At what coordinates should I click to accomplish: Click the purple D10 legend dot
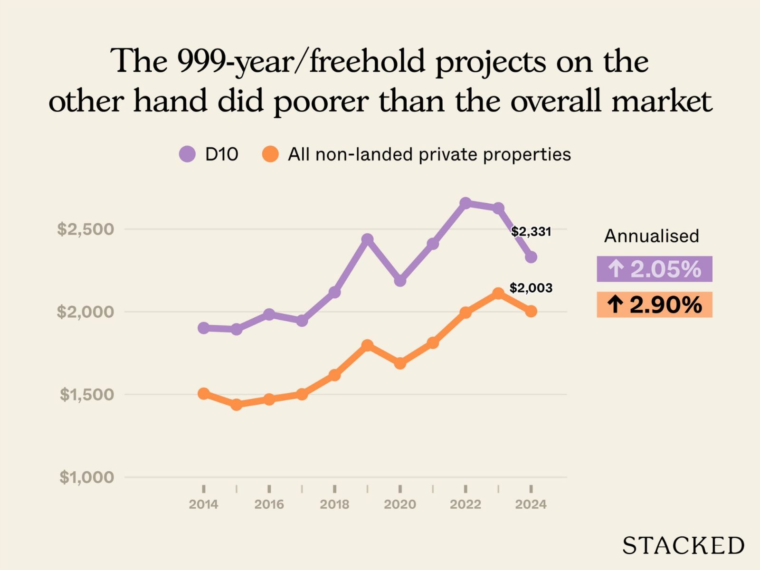pos(187,154)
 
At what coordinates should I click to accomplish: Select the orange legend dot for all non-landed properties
pos(270,154)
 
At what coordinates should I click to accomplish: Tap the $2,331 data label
pos(531,232)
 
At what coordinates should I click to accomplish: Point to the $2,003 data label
pos(531,288)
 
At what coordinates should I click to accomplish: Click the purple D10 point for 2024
pos(531,257)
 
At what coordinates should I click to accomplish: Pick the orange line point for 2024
pos(531,311)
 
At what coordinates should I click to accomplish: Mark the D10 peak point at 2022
pos(465,203)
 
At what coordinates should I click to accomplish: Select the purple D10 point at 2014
pos(203,328)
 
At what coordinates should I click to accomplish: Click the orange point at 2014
pos(203,394)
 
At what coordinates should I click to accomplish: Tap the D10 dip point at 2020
pos(400,281)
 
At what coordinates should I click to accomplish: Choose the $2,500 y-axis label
pos(85,229)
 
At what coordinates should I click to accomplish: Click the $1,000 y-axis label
pos(86,477)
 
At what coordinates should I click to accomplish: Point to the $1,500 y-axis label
pos(86,394)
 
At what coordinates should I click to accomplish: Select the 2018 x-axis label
pos(334,504)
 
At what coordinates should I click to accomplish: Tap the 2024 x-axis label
pos(531,504)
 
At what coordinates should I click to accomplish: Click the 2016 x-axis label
pos(269,504)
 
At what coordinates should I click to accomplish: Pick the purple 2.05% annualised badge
pos(654,269)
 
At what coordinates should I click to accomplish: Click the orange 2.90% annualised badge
pos(654,304)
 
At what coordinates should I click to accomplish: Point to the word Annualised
pos(651,236)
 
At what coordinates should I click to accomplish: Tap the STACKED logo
pos(683,545)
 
